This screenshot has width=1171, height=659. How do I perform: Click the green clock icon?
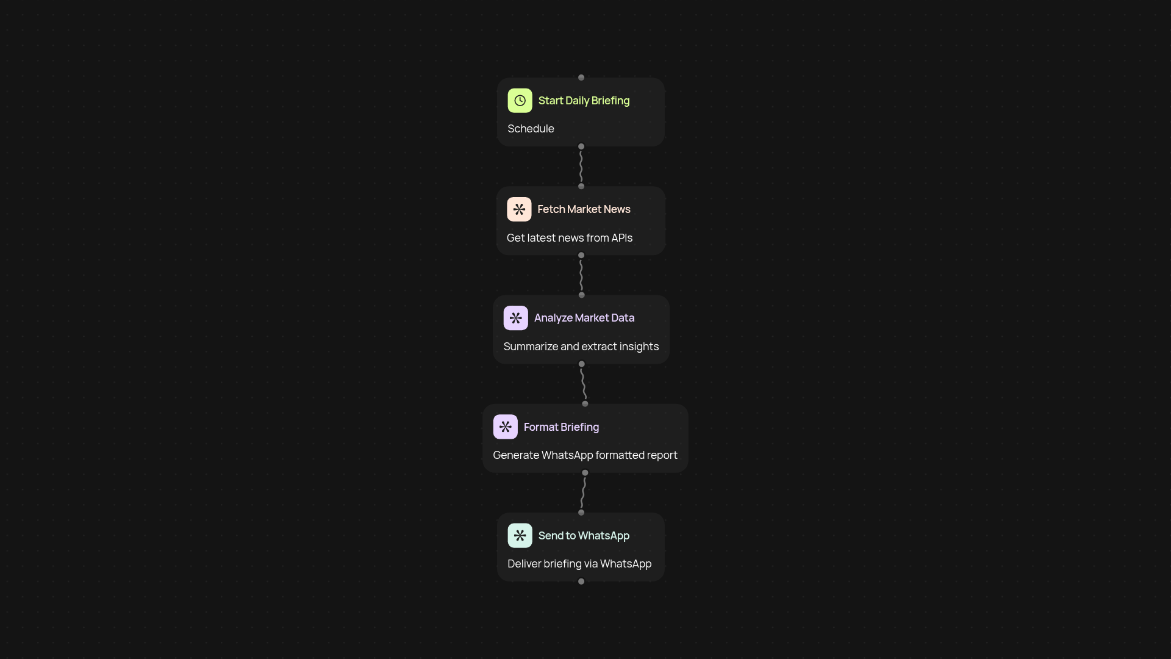(520, 101)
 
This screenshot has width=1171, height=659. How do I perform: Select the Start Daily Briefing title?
(584, 101)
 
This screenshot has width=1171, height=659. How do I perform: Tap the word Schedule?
(531, 129)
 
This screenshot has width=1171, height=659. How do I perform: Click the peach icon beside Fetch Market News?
(519, 209)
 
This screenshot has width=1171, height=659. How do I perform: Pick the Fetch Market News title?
(584, 209)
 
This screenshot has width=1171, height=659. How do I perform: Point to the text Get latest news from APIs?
(570, 238)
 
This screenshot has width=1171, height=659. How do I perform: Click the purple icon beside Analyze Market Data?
(516, 318)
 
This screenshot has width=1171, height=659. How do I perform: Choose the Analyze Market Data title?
(584, 318)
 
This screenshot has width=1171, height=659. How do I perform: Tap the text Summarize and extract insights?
(581, 347)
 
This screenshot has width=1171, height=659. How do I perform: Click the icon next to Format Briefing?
(506, 427)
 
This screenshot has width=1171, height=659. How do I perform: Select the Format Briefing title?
(561, 427)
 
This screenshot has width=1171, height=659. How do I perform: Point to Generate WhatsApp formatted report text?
(585, 455)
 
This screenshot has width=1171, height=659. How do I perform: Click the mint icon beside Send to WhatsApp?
(520, 536)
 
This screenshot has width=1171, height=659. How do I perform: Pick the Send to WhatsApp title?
(584, 536)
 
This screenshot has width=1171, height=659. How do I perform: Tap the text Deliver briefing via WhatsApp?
(579, 564)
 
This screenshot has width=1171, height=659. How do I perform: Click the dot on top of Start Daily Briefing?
(581, 77)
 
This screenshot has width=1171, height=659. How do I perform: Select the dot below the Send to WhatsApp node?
(581, 582)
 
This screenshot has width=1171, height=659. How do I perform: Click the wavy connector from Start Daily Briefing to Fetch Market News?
(581, 167)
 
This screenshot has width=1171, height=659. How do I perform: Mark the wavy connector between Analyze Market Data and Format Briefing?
(584, 384)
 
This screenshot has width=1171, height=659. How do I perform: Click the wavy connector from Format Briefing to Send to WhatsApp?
(583, 492)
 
